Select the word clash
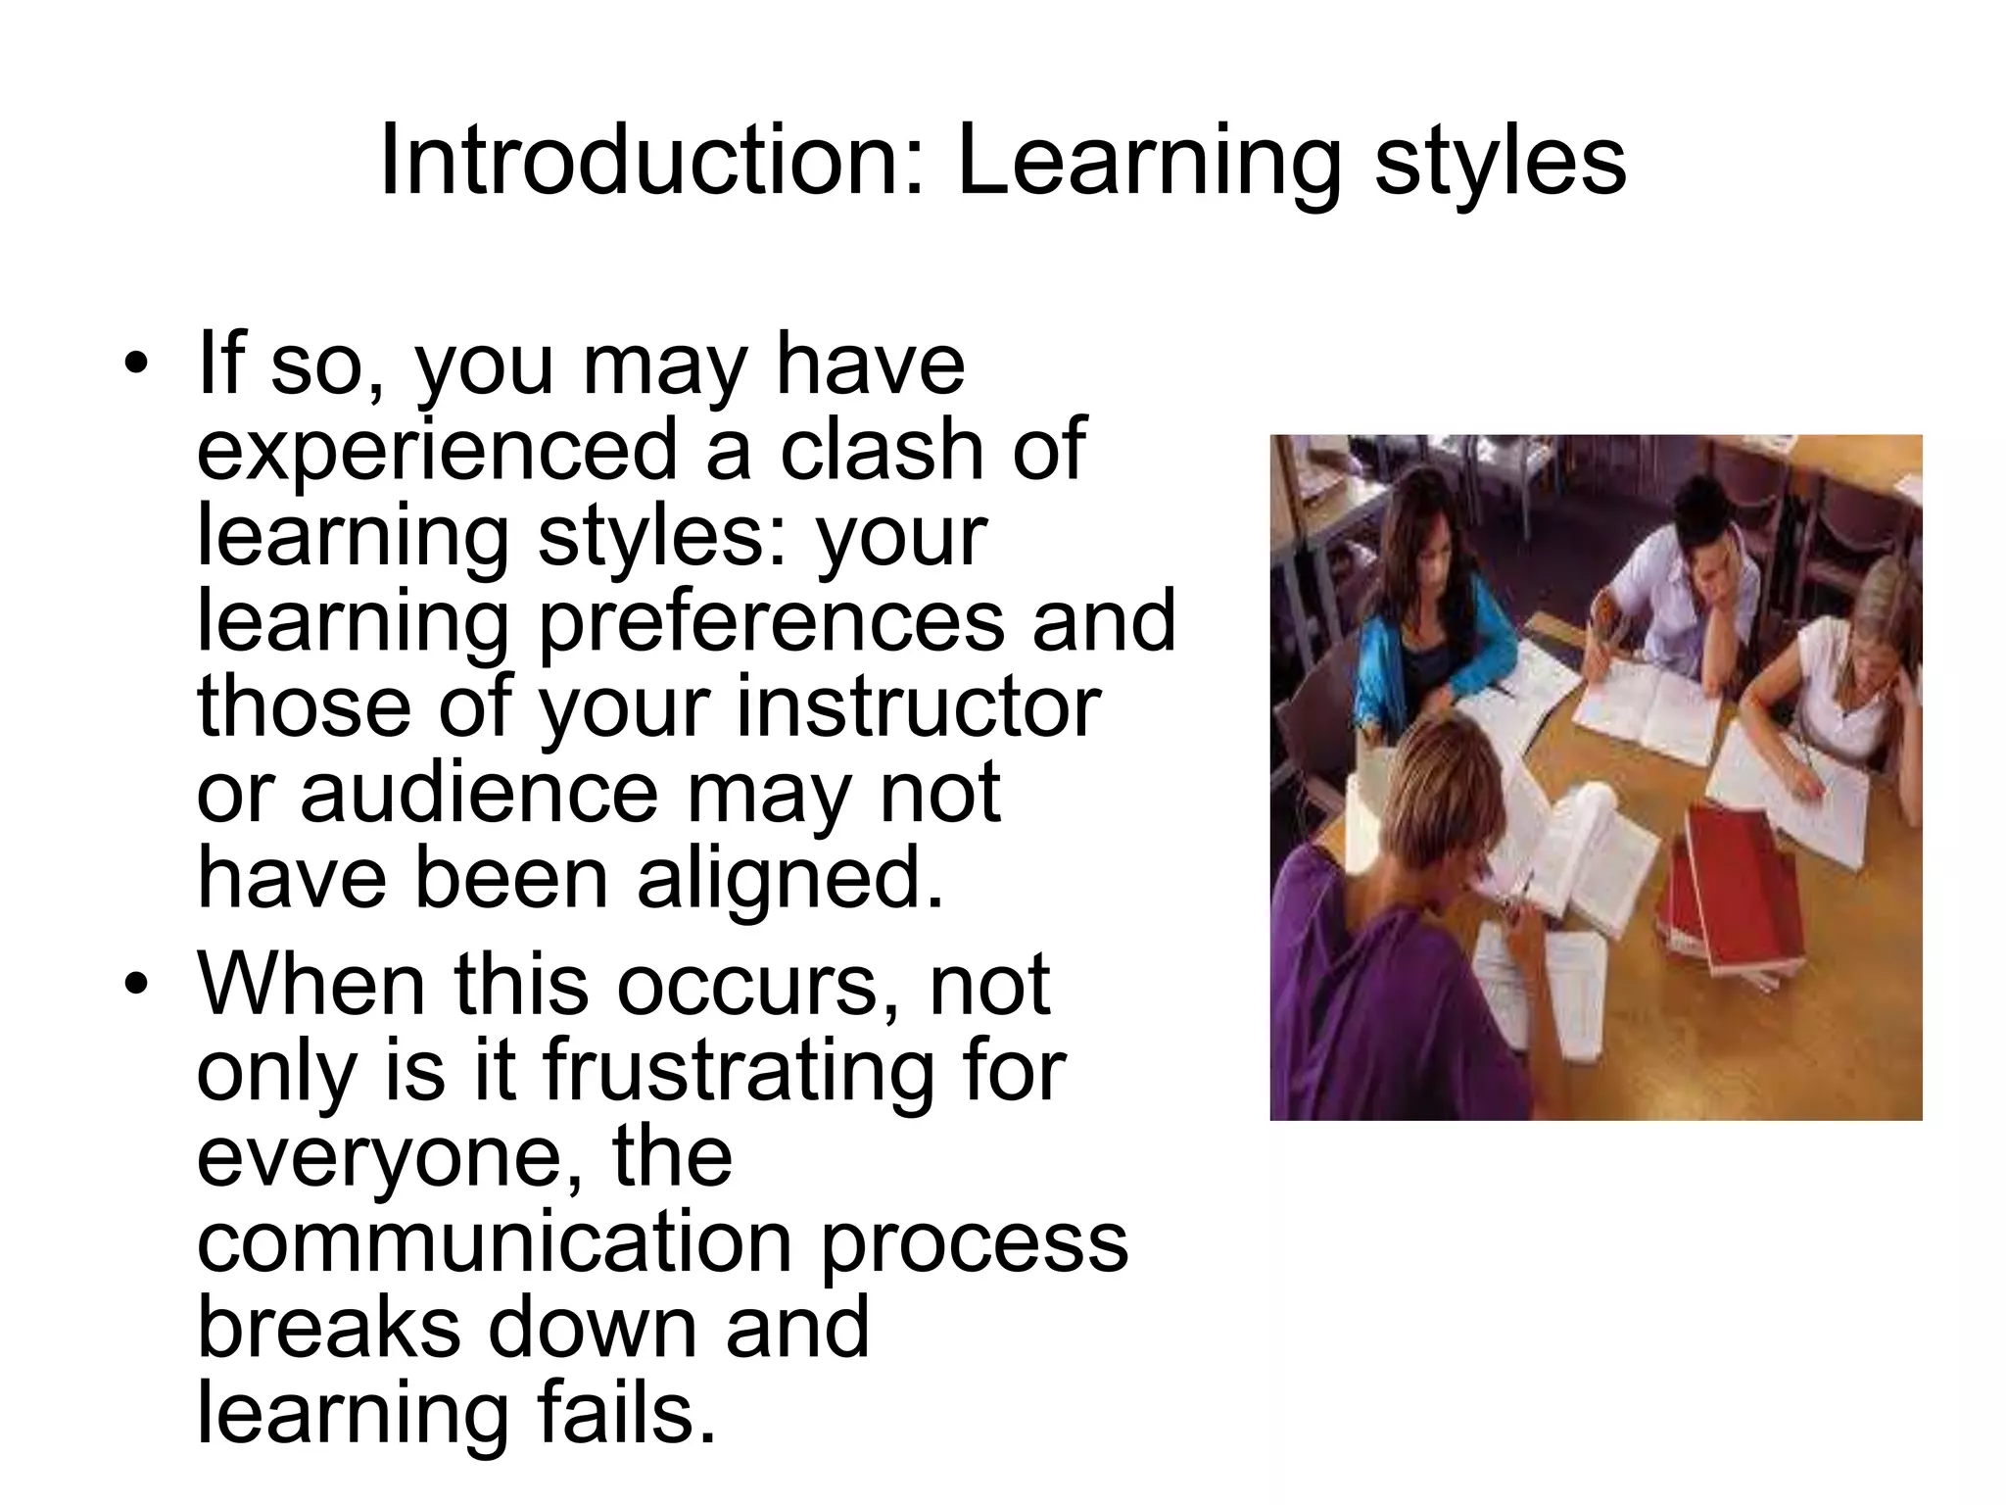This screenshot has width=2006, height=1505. [x=881, y=449]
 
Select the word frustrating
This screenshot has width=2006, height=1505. [x=739, y=1072]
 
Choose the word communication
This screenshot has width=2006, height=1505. [x=494, y=1242]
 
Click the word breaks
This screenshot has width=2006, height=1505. [x=328, y=1328]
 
